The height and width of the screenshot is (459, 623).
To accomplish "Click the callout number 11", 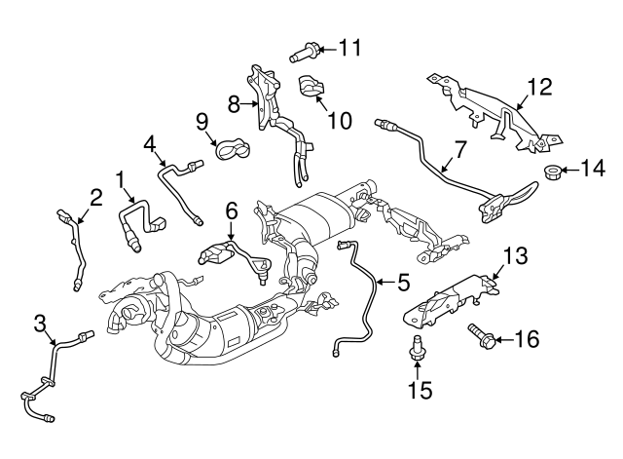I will tap(349, 46).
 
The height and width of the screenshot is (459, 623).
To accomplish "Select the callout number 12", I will tap(538, 86).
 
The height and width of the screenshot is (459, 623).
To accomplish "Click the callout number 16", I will tap(525, 339).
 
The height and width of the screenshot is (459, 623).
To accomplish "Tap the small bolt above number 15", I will tap(415, 347).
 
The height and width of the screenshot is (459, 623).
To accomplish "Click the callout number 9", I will tap(202, 122).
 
